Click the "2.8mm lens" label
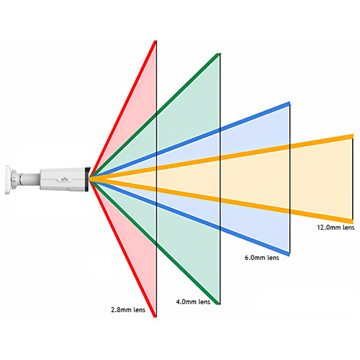pos(128,310)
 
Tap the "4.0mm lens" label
pos(193,302)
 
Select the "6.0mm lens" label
pos(262,258)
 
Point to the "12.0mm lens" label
pos(336,228)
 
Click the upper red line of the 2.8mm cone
pos(122,109)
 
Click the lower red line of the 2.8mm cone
pos(122,248)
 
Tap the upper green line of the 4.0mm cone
pos(155,116)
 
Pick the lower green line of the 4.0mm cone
pos(155,242)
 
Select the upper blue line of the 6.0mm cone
pos(189,141)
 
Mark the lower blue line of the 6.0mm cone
pos(189,217)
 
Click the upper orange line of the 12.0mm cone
pos(221,158)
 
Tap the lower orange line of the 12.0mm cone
pos(221,200)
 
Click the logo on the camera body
pos(64,179)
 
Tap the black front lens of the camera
pos(87,179)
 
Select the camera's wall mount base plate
pos(7,179)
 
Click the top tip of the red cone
pos(156,41)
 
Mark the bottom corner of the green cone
pos(219,304)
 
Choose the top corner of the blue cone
pos(289,103)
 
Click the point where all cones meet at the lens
pos(90,179)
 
